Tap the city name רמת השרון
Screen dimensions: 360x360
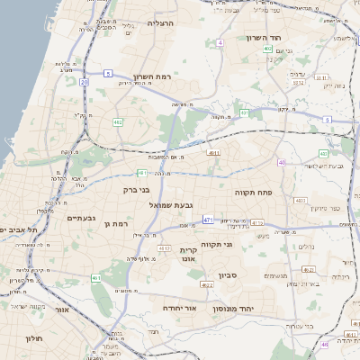tap(151, 76)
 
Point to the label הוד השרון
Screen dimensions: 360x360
tap(264, 38)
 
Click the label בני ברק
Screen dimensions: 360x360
tap(135, 190)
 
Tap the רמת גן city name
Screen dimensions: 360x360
tap(118, 223)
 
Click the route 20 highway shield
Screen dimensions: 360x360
tap(84, 82)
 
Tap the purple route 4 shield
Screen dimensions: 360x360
tap(220, 42)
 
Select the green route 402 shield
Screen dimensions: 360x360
tap(268, 48)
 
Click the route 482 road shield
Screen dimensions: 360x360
tap(119, 121)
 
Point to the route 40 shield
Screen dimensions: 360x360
tap(282, 163)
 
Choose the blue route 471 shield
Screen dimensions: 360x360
tap(208, 219)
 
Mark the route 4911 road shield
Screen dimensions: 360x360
tap(213, 154)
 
